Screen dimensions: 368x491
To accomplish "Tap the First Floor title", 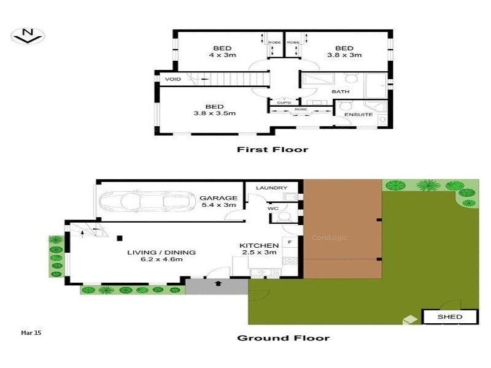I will click(x=273, y=149).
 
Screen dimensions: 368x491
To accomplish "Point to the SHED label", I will click(x=449, y=317).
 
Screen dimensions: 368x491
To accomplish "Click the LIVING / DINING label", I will click(x=161, y=252).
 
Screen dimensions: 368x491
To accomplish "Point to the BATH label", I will click(x=340, y=92).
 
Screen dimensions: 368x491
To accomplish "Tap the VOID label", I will click(x=171, y=79).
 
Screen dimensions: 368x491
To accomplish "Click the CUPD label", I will click(x=282, y=102).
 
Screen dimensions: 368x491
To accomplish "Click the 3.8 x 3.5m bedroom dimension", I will click(x=215, y=113).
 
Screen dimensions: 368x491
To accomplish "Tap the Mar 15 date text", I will click(x=30, y=332).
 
